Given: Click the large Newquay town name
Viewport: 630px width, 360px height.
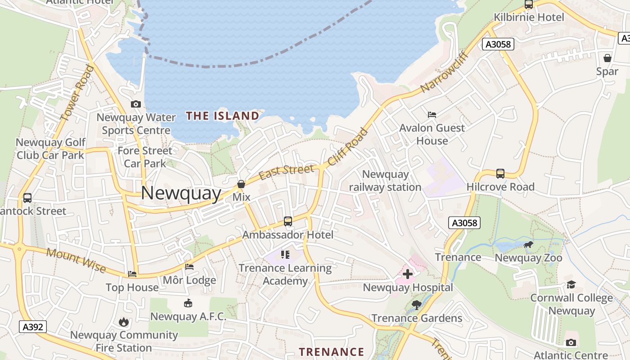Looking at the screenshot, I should pos(181,193).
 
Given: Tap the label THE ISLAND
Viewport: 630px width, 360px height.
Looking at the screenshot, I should pos(223,116).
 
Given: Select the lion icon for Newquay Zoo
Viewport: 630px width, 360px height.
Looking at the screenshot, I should pos(528,245).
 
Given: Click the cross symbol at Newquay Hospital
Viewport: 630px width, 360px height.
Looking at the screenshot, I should pos(408,274).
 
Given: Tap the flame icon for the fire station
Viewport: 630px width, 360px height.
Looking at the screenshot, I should pos(124,322).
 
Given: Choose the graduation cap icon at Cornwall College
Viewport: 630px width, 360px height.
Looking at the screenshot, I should pos(571,284).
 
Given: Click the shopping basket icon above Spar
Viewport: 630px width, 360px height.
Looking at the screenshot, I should pos(607,58).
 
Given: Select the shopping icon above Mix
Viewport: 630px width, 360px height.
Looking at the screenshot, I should pos(241,184).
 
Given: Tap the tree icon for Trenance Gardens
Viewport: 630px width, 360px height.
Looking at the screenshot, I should pos(417,305).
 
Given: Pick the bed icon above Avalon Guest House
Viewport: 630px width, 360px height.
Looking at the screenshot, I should pos(432,115).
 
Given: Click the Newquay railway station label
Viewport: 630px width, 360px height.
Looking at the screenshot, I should pos(385,180).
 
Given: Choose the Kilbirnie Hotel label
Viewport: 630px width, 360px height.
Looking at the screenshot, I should pos(529,18).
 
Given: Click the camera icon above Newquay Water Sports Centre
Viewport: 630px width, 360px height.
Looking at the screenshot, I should pos(135,104).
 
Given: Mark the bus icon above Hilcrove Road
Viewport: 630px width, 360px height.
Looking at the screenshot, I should pos(500,174).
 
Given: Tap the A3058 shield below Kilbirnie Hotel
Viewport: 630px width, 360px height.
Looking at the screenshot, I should pos(498,44).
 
